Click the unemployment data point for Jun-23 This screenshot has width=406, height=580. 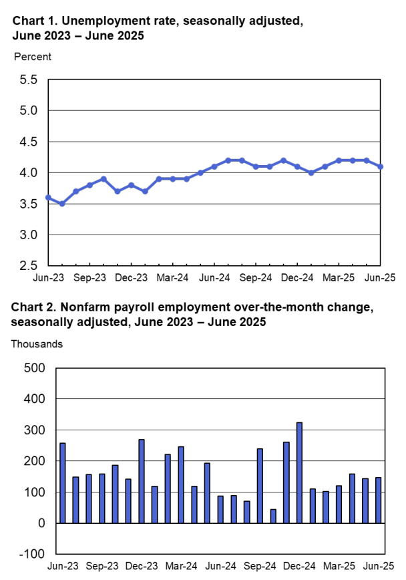48,197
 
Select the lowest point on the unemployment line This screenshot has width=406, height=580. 62,204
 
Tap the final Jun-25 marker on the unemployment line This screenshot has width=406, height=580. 381,166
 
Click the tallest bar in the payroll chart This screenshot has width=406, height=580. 299,472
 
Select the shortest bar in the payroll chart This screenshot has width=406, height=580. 273,516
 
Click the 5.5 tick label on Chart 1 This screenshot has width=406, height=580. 29,80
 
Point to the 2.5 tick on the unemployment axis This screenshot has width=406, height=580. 29,266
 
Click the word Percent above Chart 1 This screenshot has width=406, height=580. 33,57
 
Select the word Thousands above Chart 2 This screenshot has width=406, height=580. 37,344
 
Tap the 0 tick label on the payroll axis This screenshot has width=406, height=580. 41,523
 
